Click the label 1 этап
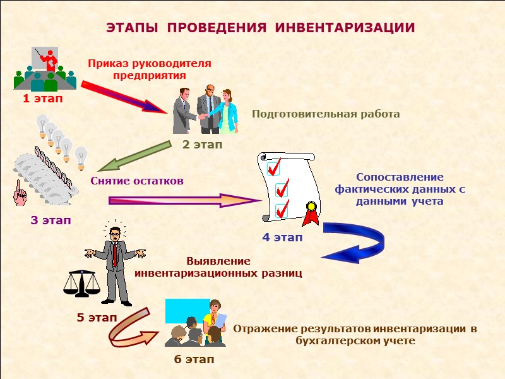click(43, 99)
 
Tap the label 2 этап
click(203, 145)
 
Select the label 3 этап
click(51, 221)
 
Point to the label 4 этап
click(282, 238)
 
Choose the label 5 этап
click(97, 318)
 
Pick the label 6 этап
click(194, 359)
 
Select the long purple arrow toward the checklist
click(183, 201)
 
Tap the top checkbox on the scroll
click(273, 169)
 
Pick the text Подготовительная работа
click(326, 114)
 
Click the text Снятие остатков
click(137, 181)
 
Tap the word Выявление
click(218, 261)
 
